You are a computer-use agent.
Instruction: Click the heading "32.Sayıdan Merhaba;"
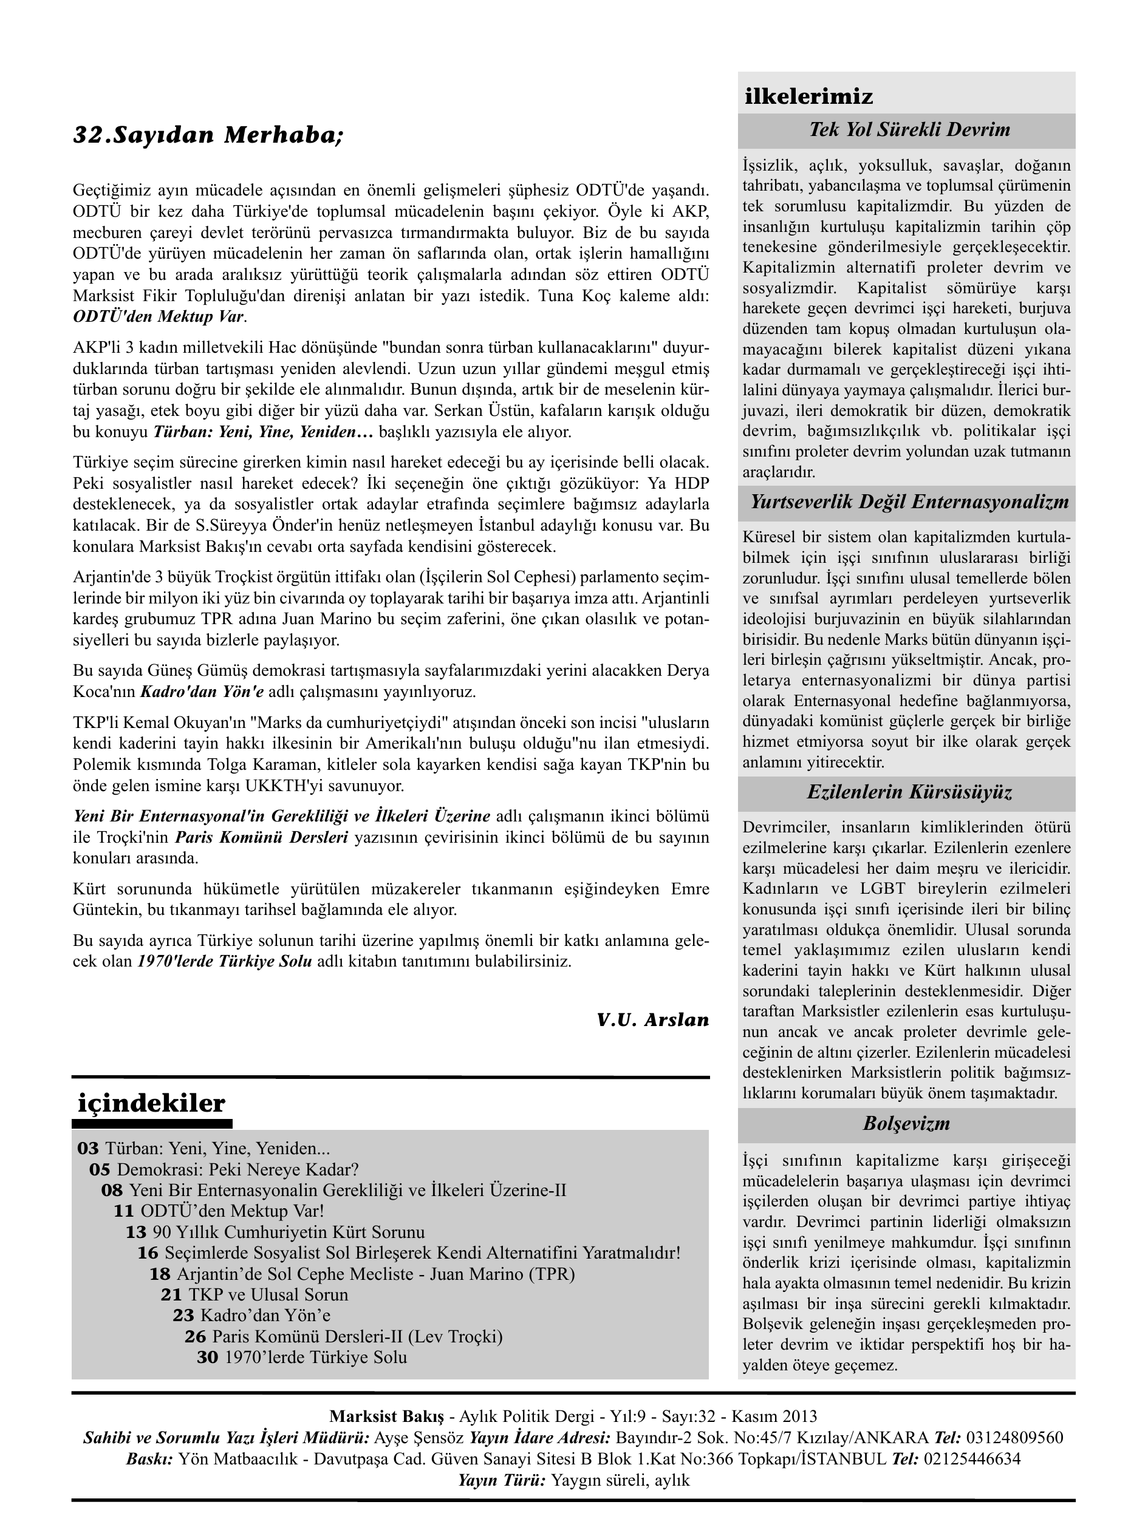click(208, 135)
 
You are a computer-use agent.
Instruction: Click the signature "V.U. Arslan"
click(652, 1019)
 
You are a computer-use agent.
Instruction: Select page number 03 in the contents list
click(88, 1149)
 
